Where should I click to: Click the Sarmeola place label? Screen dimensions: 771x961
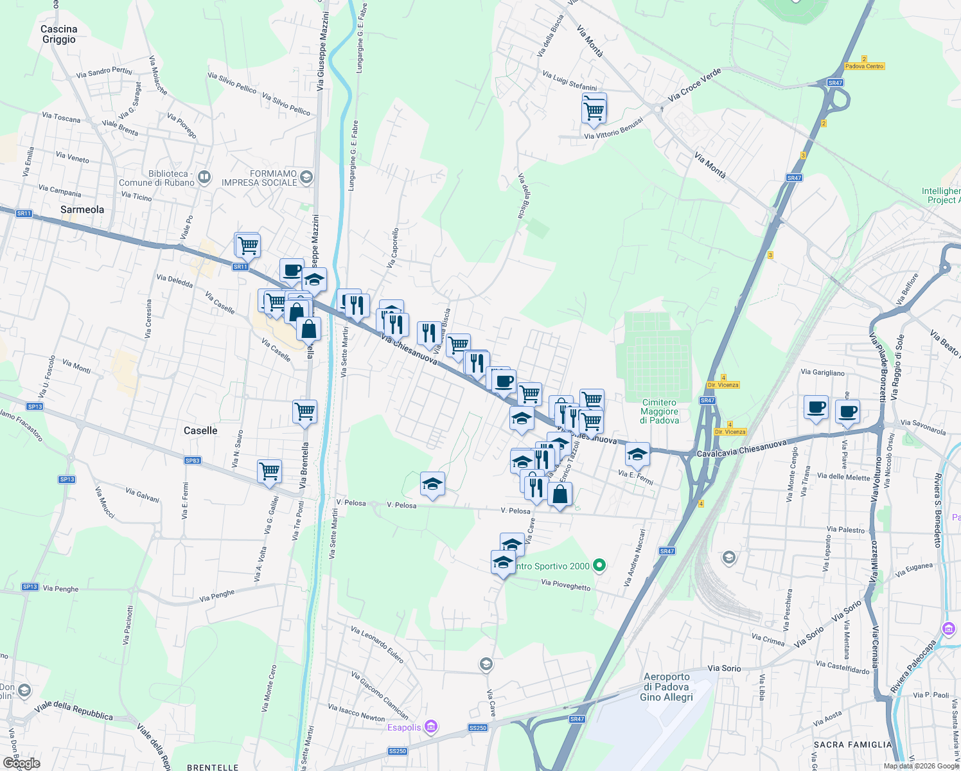pyautogui.click(x=82, y=209)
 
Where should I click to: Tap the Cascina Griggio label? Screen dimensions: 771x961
pyautogui.click(x=58, y=34)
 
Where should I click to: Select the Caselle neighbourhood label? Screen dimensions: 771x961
pyautogui.click(x=200, y=430)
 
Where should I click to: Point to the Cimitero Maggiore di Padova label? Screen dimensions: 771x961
pyautogui.click(x=659, y=411)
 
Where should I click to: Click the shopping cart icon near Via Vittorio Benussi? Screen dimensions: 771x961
pyautogui.click(x=594, y=110)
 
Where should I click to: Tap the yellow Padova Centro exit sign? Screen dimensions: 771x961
pyautogui.click(x=864, y=66)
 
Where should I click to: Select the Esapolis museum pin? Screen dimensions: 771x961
pyautogui.click(x=431, y=727)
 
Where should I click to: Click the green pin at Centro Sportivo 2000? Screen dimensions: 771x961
pyautogui.click(x=599, y=565)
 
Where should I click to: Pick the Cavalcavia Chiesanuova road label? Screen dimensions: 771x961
pyautogui.click(x=741, y=448)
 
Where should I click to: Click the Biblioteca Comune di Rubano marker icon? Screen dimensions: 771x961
pyautogui.click(x=204, y=177)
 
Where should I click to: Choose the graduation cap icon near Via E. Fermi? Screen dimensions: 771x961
pyautogui.click(x=637, y=454)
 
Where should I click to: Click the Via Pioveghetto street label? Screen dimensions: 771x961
pyautogui.click(x=566, y=585)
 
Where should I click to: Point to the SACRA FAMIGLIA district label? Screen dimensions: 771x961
pyautogui.click(x=852, y=745)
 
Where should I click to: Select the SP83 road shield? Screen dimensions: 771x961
pyautogui.click(x=192, y=460)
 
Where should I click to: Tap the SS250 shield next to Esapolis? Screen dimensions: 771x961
pyautogui.click(x=477, y=728)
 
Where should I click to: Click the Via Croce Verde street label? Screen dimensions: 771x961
pyautogui.click(x=694, y=85)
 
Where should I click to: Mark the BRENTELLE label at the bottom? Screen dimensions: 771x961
pyautogui.click(x=213, y=767)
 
